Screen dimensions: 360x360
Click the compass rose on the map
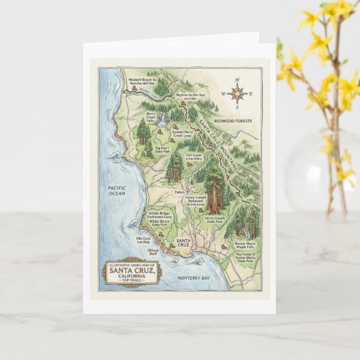(x=236, y=94)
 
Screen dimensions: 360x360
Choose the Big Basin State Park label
(x=162, y=149)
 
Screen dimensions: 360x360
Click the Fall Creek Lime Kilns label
(x=194, y=157)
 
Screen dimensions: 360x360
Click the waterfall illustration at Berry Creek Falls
(x=162, y=121)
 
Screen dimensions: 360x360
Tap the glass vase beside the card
(x=317, y=170)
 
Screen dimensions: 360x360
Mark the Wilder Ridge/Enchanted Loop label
(x=160, y=213)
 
